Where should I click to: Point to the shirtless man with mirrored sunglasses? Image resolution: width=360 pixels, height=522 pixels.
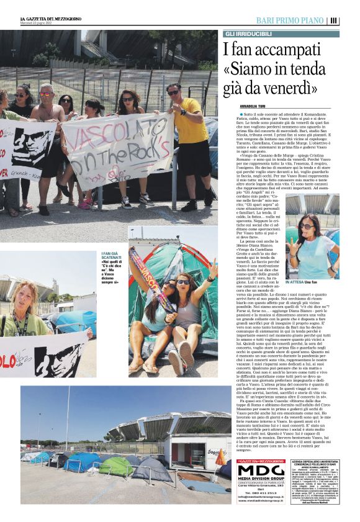coord(47,124)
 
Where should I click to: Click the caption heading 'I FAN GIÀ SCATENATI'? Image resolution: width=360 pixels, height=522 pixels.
coord(111,256)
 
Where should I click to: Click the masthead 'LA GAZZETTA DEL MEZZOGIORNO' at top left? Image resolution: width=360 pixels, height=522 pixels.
coord(50,18)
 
